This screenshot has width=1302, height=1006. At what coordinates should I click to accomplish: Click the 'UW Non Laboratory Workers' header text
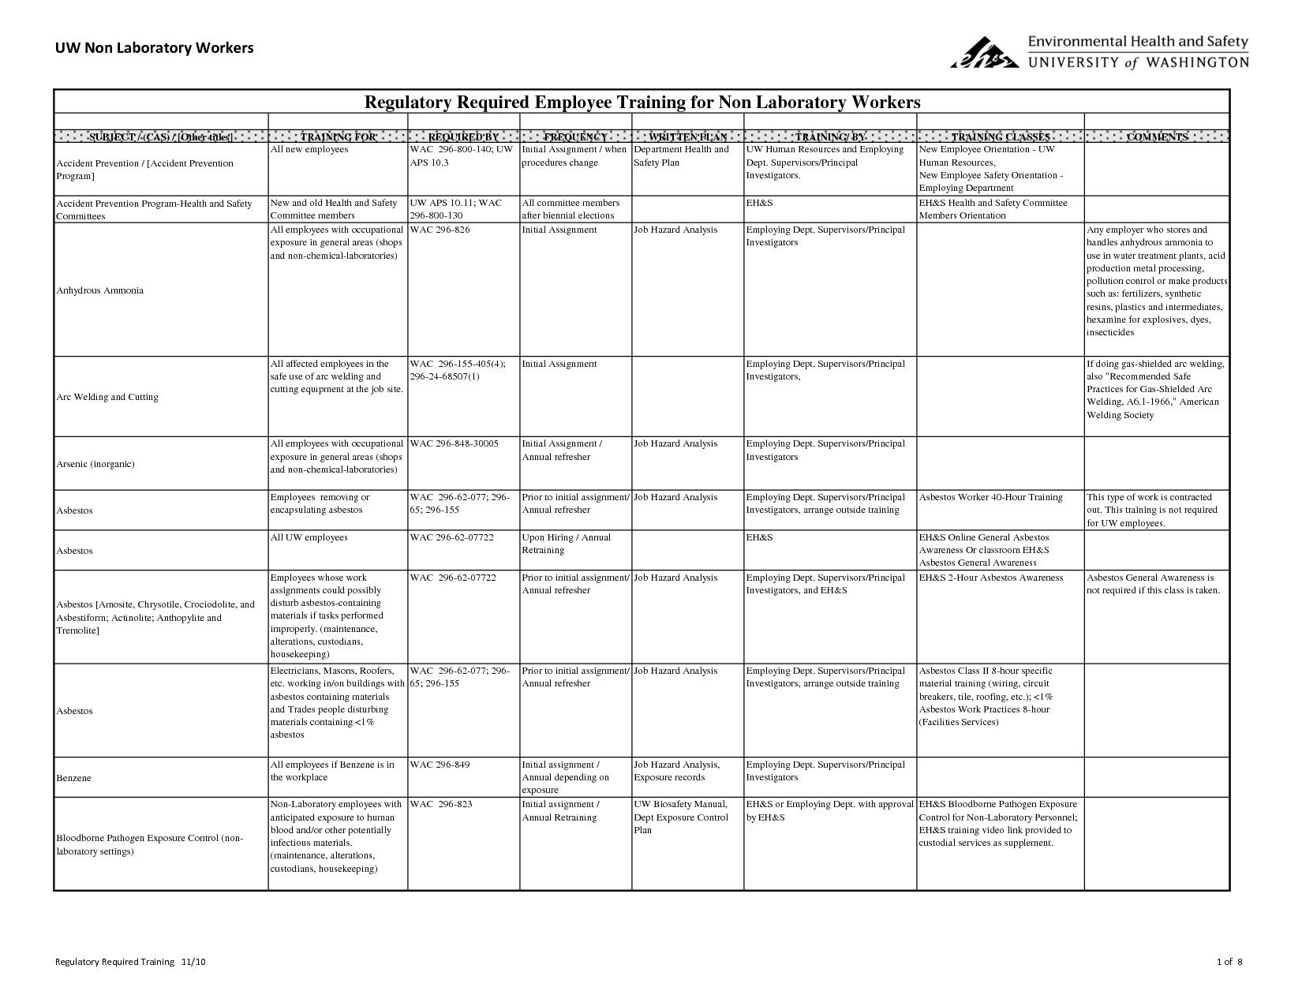coord(154,48)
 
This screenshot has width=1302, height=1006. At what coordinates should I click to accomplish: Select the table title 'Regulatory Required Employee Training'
coord(641,103)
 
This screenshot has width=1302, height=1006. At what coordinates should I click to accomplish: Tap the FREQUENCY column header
coord(575,137)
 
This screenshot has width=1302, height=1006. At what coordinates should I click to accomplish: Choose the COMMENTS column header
coord(1157,137)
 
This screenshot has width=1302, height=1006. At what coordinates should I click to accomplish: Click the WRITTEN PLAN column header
coord(687,137)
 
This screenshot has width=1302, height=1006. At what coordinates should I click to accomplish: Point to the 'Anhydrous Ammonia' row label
coord(100,290)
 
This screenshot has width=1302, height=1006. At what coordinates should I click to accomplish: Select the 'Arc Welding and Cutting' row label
coord(107,397)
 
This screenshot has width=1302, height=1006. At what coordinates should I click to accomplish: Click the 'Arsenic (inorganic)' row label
coord(95,464)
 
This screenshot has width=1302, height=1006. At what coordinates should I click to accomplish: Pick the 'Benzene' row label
coord(74,778)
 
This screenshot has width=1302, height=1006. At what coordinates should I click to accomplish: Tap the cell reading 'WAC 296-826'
coord(440,230)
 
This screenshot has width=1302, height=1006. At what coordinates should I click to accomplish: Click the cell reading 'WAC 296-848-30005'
coord(455,443)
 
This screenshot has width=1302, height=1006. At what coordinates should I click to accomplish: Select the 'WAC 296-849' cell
coord(440,765)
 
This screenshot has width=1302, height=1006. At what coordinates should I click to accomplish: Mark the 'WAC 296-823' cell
coord(440,804)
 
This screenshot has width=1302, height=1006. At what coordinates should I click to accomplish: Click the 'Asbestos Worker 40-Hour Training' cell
coord(990,497)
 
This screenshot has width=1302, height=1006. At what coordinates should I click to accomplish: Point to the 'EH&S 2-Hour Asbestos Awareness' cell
coord(990,578)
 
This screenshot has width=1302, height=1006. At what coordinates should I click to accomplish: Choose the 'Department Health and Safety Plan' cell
coord(682,155)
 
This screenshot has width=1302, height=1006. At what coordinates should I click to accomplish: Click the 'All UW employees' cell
coord(309,537)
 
